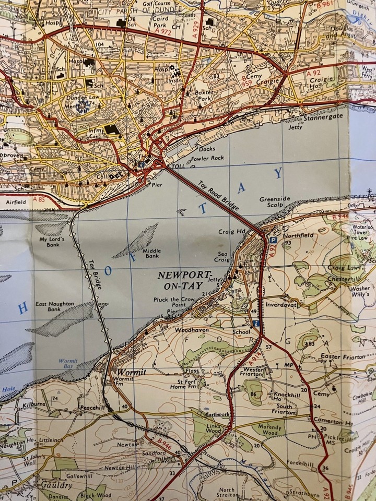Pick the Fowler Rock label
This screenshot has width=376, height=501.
point(207,158)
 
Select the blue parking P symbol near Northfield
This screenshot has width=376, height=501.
point(273,240)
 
